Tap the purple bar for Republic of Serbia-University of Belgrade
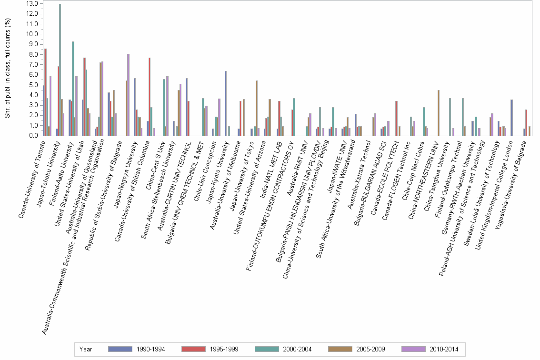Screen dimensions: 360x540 tap(128, 95)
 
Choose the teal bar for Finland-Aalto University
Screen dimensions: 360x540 tap(73, 89)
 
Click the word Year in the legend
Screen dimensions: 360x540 tap(86, 350)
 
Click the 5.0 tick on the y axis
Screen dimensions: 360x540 tap(34, 85)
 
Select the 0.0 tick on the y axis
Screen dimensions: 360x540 tap(34, 136)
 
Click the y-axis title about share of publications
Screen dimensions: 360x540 tap(7, 69)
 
